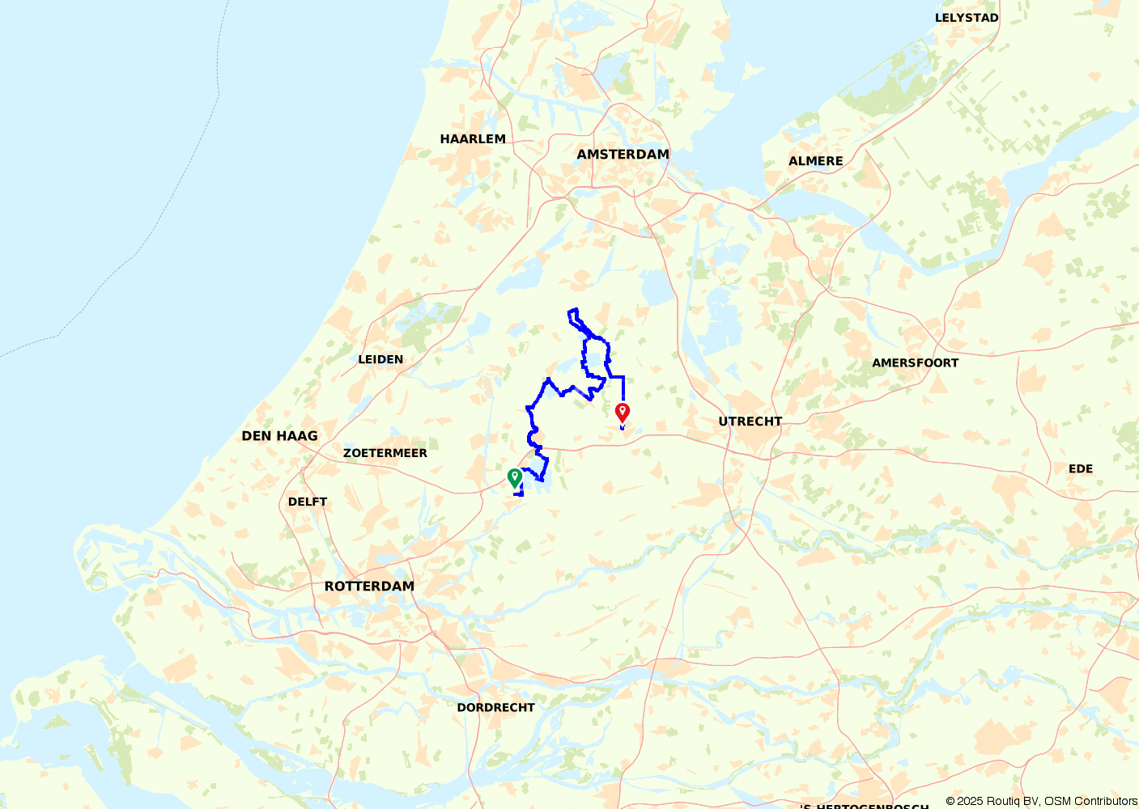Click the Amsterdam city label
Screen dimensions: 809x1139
coord(623,155)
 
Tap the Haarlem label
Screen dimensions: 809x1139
coord(473,139)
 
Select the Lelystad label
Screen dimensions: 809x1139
coord(967,18)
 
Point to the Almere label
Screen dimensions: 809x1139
coord(816,161)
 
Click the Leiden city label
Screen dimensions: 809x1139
coord(380,359)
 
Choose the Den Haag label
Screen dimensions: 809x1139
coord(279,436)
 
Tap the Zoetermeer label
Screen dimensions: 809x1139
coord(385,453)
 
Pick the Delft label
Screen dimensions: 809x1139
coord(308,502)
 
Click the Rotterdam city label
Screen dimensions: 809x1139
coord(369,587)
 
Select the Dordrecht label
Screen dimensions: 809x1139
coord(496,708)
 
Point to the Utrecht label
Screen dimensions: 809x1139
coord(750,421)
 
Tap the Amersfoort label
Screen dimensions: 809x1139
coord(915,363)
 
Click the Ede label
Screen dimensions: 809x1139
coord(1081,469)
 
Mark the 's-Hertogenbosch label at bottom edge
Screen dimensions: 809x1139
coord(865,805)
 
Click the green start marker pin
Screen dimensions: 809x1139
coord(514,477)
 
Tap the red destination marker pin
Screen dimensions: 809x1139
coord(623,412)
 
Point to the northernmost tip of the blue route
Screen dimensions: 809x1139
coord(573,310)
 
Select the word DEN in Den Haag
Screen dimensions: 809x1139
coord(256,436)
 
